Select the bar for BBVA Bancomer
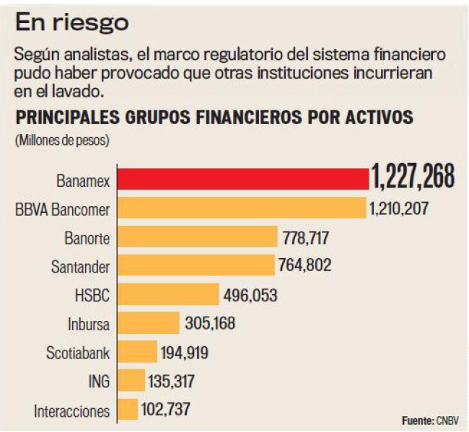[242, 208]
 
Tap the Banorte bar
[198, 237]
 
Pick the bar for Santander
[196, 265]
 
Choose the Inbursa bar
[149, 323]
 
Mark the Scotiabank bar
[137, 352]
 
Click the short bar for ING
[131, 381]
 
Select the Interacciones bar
[127, 410]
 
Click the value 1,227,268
[413, 177]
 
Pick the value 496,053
[249, 295]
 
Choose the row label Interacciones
[72, 412]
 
